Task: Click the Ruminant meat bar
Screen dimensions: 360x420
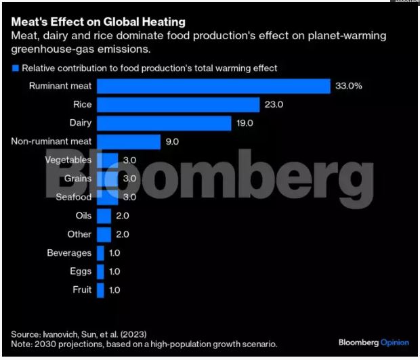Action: [x=213, y=86]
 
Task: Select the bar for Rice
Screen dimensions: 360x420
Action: [x=178, y=104]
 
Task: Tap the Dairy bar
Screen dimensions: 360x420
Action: [x=164, y=123]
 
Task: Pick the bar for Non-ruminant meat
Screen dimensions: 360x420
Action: [x=129, y=141]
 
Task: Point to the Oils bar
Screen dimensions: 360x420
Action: [x=104, y=216]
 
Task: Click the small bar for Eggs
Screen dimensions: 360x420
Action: [x=100, y=271]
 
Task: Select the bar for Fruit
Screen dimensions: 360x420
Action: [x=100, y=290]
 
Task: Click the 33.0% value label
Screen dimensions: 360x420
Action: [x=351, y=86]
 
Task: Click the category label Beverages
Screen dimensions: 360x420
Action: [x=69, y=253]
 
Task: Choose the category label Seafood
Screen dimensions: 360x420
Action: [x=73, y=197]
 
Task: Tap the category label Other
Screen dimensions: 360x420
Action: [x=79, y=234]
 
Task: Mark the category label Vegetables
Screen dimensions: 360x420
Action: [x=68, y=160]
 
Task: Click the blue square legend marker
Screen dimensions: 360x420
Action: [x=15, y=68]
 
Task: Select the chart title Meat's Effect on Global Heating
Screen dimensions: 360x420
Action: [x=98, y=22]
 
